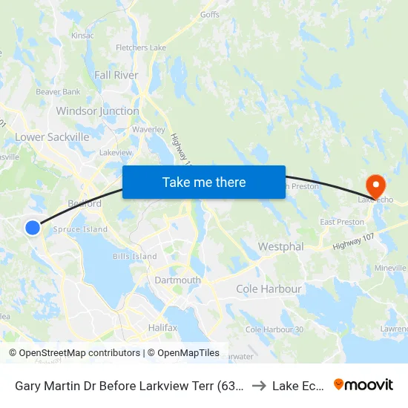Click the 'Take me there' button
pyautogui.click(x=204, y=182)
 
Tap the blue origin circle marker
pyautogui.click(x=33, y=228)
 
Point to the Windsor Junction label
pyautogui.click(x=97, y=111)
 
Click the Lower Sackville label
pyautogui.click(x=52, y=137)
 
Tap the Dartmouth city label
pyautogui.click(x=177, y=280)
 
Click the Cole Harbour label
pyautogui.click(x=269, y=289)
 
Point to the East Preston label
pyautogui.click(x=341, y=222)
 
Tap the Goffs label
pyautogui.click(x=210, y=14)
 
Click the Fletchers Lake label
pyautogui.click(x=141, y=48)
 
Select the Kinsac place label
pyautogui.click(x=82, y=35)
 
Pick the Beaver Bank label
pyautogui.click(x=58, y=92)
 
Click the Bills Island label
pyautogui.click(x=134, y=257)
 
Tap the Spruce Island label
pyautogui.click(x=81, y=229)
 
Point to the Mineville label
pyautogui.click(x=390, y=267)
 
